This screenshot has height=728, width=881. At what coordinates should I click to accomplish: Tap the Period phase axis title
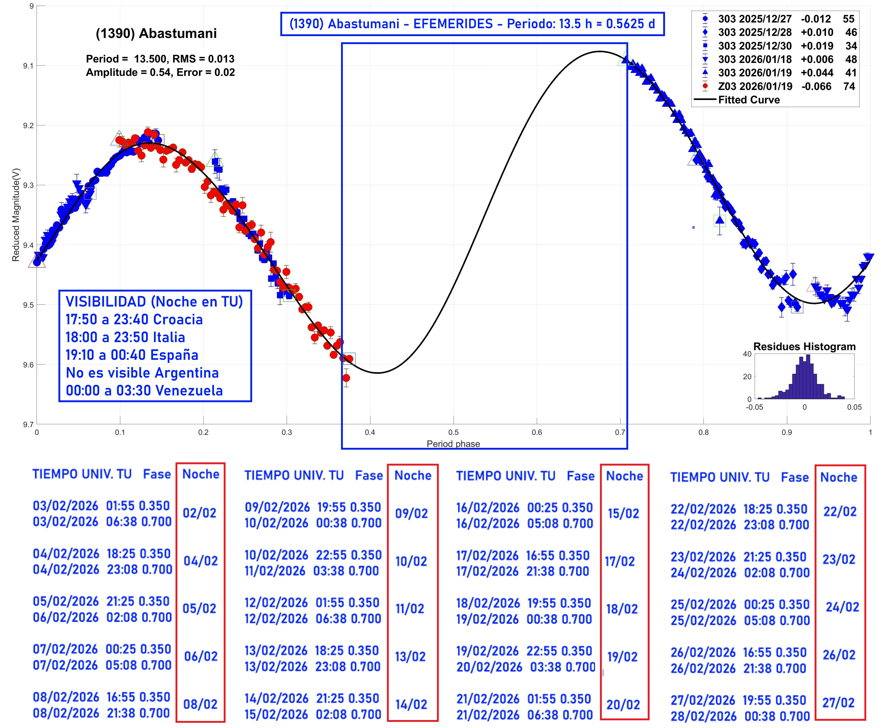pos(453,444)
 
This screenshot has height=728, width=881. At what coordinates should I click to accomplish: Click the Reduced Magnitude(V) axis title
pos(16,215)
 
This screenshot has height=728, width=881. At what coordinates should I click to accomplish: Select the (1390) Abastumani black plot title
pos(156,34)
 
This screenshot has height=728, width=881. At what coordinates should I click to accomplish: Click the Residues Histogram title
pos(804,346)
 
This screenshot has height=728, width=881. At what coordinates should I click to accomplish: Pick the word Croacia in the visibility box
pos(178,319)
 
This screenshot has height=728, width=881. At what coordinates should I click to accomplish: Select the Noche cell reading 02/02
pos(200,513)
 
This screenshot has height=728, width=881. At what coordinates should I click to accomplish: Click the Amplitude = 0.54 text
pos(128,72)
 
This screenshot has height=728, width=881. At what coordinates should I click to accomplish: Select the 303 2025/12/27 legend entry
pos(754,19)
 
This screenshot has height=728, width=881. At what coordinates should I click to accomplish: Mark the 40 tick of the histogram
pos(747,354)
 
